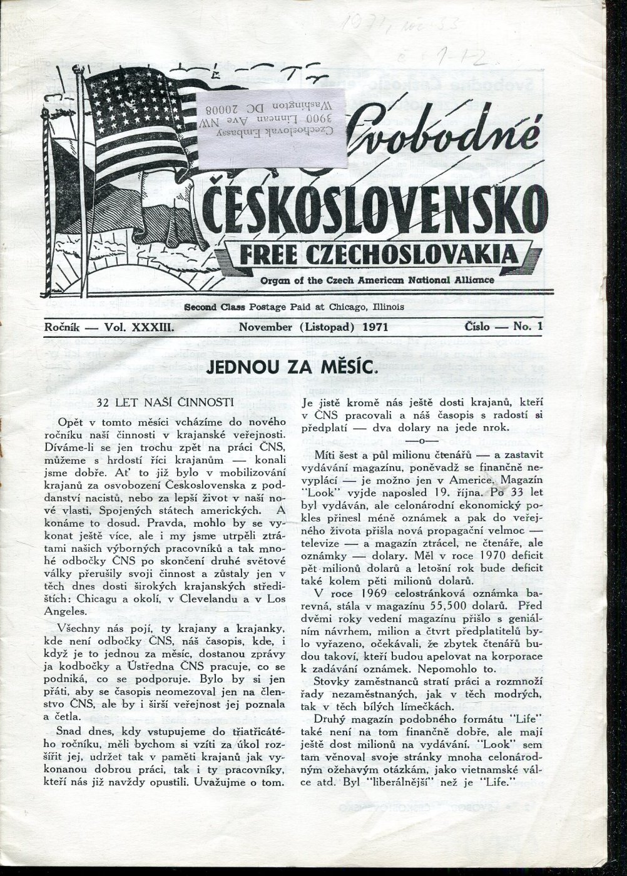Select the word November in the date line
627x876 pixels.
pyautogui.click(x=267, y=327)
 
